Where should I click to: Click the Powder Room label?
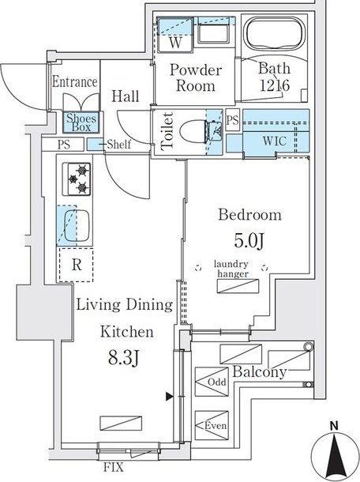point(196,77)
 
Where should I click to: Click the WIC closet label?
point(274,141)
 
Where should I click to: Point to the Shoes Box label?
point(81,122)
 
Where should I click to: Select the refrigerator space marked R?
point(76,265)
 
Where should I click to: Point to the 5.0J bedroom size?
point(249,241)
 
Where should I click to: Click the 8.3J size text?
point(124,357)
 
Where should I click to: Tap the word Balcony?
point(260,371)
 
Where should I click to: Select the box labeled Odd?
point(212,382)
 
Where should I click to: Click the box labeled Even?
point(212,425)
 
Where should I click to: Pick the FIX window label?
point(114,467)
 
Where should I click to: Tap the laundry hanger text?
point(231,269)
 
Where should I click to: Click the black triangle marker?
point(169,397)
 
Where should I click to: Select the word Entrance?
point(75,81)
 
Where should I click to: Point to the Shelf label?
point(118,144)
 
